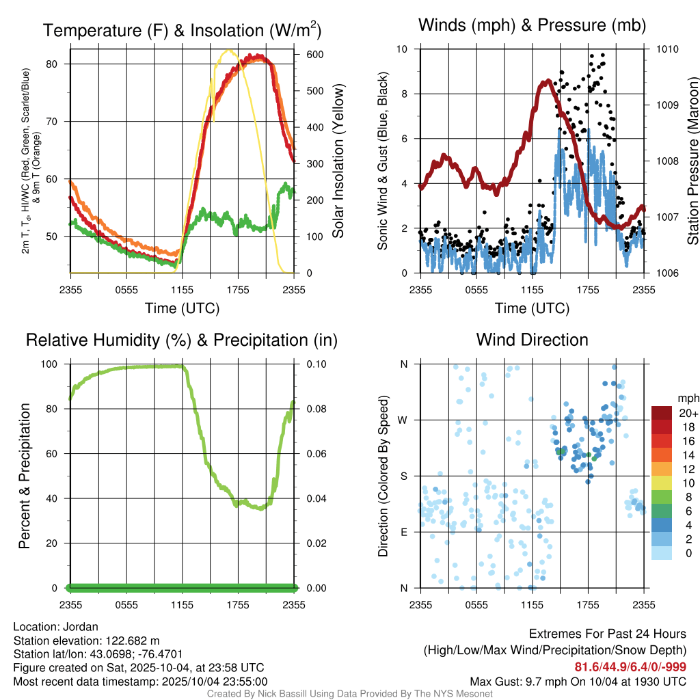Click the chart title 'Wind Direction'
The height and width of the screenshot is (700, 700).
pos(532,340)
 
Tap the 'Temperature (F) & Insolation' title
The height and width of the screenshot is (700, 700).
pos(182,31)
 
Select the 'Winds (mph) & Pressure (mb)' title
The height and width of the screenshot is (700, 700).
pos(532,26)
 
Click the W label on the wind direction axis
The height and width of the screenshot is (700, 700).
pos(403,420)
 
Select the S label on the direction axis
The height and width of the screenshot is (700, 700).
pos(403,476)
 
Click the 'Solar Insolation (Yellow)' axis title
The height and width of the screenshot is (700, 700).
pos(338,161)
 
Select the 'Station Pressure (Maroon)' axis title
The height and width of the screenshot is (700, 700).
pos(692,161)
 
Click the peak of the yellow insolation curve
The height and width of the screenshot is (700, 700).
pos(230,51)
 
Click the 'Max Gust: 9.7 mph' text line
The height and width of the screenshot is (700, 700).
pos(578,682)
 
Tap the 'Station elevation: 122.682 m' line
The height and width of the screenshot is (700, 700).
pos(86,641)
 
